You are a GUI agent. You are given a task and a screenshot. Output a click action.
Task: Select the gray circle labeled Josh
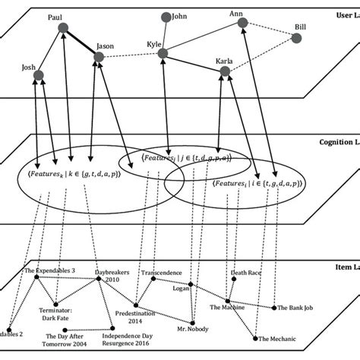point(39,74)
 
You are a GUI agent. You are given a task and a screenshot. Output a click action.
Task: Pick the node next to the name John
point(164,15)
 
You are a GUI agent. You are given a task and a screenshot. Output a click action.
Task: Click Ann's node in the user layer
point(242,24)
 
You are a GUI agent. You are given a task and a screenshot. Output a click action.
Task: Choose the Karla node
point(224,71)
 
